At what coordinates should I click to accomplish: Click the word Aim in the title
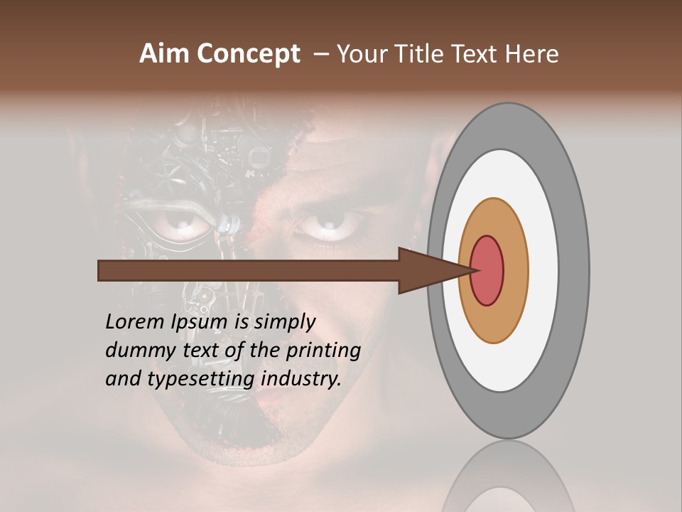point(164,54)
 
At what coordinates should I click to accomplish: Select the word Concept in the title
point(247,54)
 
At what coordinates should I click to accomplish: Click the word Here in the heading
point(533,54)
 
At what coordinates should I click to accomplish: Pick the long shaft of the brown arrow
point(249,270)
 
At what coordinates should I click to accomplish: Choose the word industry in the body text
point(301,379)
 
